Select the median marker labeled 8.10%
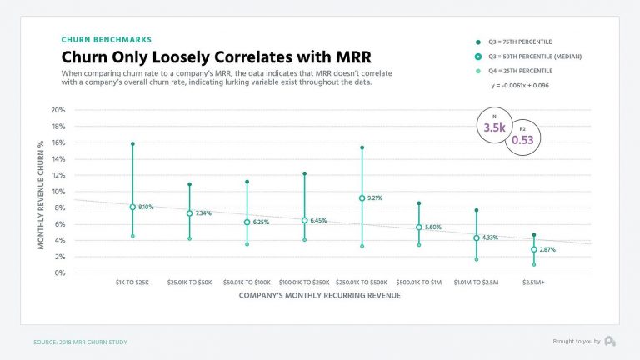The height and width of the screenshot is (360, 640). [132, 207]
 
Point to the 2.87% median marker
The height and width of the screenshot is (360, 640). [534, 249]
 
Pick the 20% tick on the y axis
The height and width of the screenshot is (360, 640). [58, 110]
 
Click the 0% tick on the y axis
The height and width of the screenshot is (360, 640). [60, 272]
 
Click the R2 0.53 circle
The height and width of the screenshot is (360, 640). [522, 136]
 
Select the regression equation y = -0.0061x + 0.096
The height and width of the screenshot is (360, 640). [519, 86]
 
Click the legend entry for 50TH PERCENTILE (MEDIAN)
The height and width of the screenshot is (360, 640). [522, 56]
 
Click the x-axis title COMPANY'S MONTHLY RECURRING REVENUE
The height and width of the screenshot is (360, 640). [321, 295]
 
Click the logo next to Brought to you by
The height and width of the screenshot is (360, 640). [611, 341]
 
